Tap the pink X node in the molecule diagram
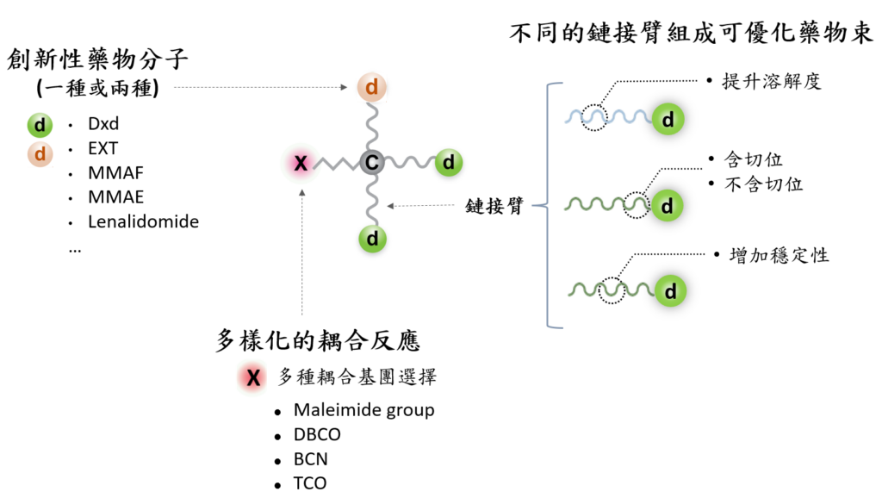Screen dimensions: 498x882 pos(301,162)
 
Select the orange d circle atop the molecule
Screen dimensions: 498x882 pos(372,88)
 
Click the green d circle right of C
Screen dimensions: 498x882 pos(448,161)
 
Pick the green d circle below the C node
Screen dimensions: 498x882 pos(372,237)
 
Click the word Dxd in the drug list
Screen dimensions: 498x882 pos(103,124)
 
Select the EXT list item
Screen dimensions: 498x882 pos(103,148)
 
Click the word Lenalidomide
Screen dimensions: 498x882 pos(143,221)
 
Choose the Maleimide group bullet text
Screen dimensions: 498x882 pos(363,410)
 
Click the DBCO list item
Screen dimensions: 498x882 pos(318,434)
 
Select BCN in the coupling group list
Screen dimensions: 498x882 pos(311,459)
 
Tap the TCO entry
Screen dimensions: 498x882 pos(310,483)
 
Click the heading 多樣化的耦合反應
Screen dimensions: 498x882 pos(318,341)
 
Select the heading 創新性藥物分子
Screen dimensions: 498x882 pos(97,59)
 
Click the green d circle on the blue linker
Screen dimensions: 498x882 pos(668,119)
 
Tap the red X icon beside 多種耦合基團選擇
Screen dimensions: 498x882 pos(253,377)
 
